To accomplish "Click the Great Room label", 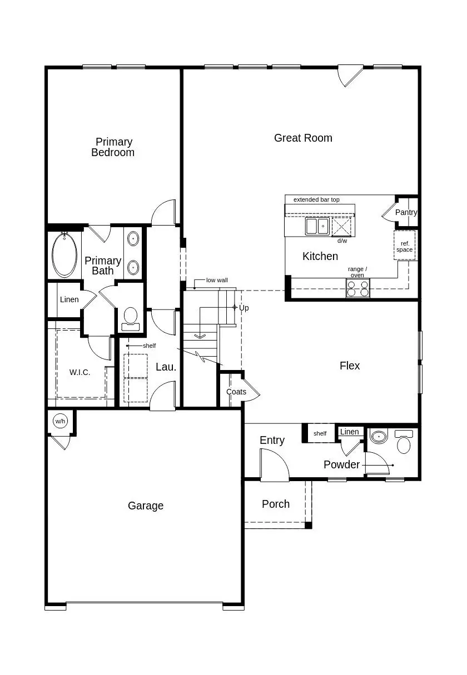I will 303,138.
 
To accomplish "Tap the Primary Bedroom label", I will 113,147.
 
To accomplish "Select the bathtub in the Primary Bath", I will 64,255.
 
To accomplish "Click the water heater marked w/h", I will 59,421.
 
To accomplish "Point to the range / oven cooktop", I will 357,288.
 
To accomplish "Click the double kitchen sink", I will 317,226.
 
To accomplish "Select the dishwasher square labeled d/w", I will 342,227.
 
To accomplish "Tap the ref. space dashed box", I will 404,246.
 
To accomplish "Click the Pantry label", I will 406,212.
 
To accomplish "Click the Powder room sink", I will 379,437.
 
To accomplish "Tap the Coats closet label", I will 236,392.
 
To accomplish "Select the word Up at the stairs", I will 244,307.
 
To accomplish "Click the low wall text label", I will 217,280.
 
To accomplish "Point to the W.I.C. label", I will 80,372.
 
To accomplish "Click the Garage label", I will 146,506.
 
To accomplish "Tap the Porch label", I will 276,504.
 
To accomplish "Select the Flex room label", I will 350,366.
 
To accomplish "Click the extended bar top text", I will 316,199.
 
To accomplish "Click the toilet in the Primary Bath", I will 131,317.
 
